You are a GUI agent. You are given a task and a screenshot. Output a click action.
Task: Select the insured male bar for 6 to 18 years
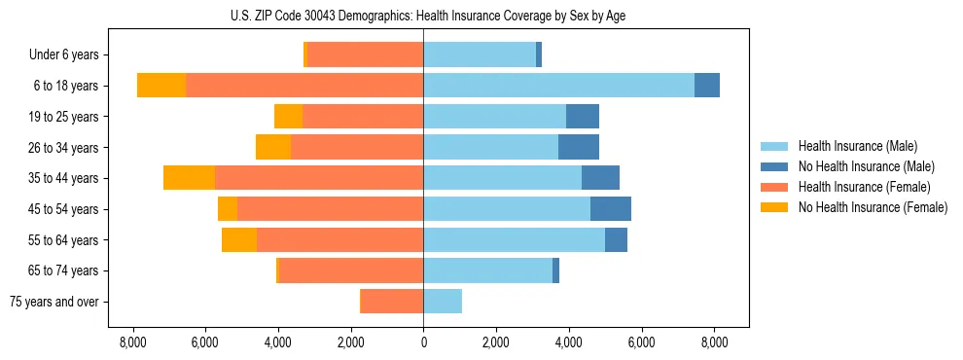tap(558, 86)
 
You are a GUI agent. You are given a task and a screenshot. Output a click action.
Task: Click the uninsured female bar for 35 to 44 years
tap(189, 178)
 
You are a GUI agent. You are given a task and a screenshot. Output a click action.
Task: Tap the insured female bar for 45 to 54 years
tap(330, 209)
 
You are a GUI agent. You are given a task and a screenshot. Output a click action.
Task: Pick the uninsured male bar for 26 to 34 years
tap(579, 148)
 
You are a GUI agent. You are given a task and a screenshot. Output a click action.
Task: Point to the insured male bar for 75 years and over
tap(443, 302)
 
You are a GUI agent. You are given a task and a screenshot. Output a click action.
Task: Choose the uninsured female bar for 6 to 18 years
tap(161, 86)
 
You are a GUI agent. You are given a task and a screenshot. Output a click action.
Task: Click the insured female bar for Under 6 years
tap(365, 54)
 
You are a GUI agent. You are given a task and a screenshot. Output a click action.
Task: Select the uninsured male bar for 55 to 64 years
tap(616, 240)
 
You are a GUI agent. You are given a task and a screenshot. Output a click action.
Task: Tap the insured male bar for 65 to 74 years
tap(487, 270)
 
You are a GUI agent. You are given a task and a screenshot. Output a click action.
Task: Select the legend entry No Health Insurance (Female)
tap(873, 207)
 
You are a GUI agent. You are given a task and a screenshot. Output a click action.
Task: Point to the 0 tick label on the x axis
tap(423, 342)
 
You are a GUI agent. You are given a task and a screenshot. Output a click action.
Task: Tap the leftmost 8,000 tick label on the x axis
tap(132, 342)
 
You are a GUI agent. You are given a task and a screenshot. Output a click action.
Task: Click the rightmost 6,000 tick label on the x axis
tap(641, 342)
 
